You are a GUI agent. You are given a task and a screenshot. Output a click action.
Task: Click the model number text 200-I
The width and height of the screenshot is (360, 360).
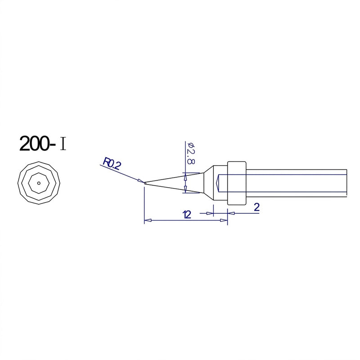pos(43,144)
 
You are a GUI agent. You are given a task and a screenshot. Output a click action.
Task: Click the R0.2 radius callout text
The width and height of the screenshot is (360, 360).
pos(111,163)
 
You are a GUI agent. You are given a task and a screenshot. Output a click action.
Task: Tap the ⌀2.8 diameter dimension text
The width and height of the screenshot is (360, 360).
pos(191,153)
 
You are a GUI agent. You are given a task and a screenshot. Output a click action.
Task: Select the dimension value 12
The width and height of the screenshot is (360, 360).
pos(187,215)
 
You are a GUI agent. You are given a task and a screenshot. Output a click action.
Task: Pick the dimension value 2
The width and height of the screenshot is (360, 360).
pos(257,207)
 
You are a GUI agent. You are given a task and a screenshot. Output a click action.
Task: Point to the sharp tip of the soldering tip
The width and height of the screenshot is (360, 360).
pos(145,183)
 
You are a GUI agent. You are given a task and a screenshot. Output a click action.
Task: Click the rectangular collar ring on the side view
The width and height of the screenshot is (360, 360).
pos(237,183)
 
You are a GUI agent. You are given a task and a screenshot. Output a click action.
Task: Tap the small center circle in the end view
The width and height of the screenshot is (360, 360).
pos(39,183)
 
